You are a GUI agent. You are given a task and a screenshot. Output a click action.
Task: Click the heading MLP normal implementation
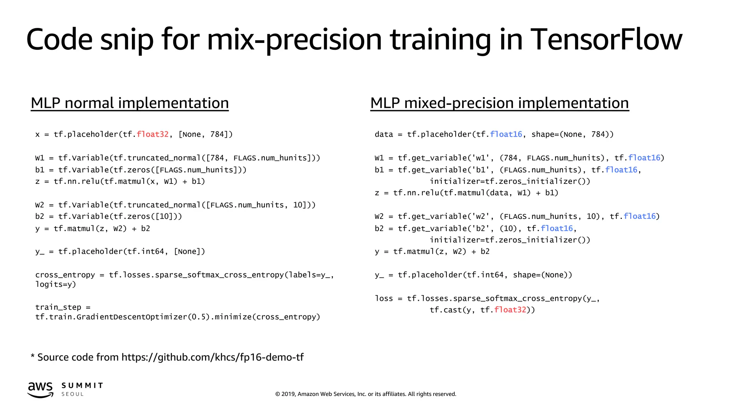point(130,103)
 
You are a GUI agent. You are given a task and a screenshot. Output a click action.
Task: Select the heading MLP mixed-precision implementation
point(499,103)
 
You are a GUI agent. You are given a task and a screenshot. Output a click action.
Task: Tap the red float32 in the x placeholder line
point(153,134)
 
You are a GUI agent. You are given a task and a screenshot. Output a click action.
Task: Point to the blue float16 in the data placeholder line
point(506,134)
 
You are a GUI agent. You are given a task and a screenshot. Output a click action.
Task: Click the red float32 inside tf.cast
point(510,310)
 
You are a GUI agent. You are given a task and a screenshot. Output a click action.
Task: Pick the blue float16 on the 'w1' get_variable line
point(644,158)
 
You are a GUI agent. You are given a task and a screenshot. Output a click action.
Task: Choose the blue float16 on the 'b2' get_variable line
point(557,229)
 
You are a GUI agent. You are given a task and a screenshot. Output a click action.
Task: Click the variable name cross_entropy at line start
point(65,275)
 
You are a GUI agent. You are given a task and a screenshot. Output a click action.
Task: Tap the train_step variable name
point(58,308)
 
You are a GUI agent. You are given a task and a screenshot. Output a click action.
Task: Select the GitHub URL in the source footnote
point(213,357)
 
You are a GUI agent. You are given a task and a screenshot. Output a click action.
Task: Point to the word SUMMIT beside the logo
point(82,386)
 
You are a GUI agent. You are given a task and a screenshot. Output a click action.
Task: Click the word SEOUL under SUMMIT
point(73,394)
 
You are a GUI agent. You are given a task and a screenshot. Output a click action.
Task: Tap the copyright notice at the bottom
point(366,394)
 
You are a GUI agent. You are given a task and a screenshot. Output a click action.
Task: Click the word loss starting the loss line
point(384,299)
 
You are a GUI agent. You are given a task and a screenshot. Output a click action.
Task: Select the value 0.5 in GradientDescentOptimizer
point(199,317)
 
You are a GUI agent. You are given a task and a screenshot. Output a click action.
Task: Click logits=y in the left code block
point(56,285)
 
